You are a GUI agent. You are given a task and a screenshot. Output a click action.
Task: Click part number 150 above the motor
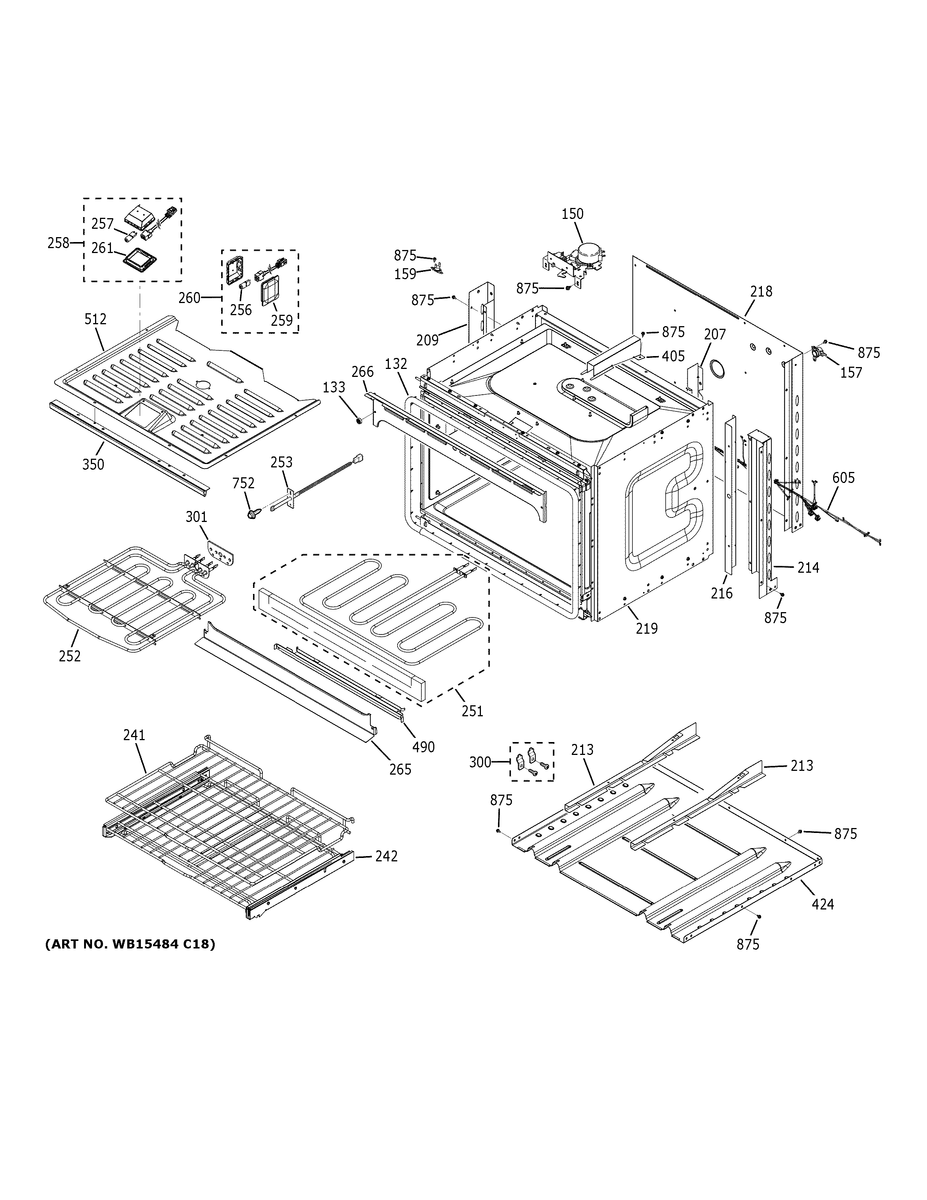[572, 214]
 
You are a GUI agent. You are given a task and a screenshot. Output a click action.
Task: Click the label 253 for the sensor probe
[281, 462]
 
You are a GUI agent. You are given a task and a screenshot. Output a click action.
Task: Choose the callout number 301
[196, 517]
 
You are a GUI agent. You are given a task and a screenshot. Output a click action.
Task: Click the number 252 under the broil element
[70, 656]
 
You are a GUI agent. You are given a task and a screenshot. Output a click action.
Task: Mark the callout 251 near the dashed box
[472, 711]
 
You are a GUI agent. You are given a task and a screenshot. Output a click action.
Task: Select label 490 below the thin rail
[423, 747]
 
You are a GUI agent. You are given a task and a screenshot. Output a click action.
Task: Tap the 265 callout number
[400, 770]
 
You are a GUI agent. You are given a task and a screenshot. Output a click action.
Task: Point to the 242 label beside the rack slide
[386, 856]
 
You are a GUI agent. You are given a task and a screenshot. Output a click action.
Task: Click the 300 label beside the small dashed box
[480, 762]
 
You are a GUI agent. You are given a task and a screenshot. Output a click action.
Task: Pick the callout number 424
[822, 904]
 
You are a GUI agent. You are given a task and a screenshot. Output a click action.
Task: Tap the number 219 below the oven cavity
[646, 628]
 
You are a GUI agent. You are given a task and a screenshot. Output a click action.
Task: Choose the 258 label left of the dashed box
[58, 242]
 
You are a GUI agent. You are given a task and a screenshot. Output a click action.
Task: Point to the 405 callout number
[673, 356]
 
